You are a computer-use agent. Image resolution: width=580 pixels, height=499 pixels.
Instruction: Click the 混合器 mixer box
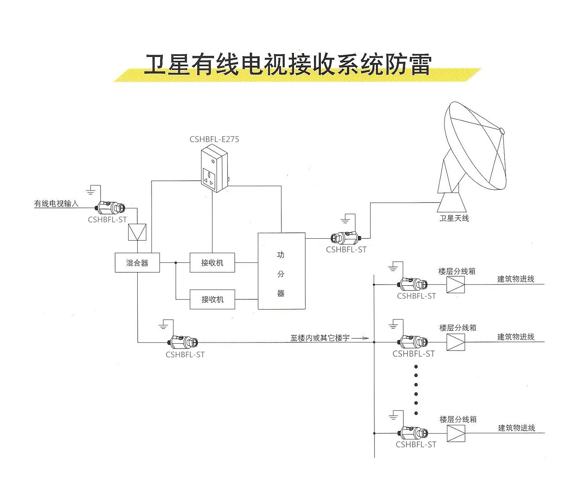coord(137,263)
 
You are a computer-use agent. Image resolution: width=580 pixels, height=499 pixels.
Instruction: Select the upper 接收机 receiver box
coord(212,263)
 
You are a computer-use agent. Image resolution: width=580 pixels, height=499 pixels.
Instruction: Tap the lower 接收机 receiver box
coord(212,299)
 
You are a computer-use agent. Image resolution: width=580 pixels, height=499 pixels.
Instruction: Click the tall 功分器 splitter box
coord(281,271)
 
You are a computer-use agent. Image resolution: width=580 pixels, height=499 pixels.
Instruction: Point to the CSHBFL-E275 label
coord(214,139)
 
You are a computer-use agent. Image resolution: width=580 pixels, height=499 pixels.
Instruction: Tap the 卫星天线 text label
coord(454,218)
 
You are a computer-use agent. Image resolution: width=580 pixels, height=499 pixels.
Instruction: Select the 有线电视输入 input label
coord(56,203)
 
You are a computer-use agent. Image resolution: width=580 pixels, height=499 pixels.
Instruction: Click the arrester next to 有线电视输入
coord(111,207)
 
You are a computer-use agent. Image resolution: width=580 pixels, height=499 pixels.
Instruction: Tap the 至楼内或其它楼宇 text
coord(320,338)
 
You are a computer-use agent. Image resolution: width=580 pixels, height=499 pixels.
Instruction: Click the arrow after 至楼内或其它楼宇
coord(360,338)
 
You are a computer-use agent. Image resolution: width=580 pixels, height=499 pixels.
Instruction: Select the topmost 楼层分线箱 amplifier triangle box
coord(456,285)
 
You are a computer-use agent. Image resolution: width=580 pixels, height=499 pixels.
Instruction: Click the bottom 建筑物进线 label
coord(516,428)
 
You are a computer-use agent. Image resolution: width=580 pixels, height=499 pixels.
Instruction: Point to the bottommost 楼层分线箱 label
coord(458,419)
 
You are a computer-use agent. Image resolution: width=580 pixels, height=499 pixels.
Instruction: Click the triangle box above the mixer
coord(137,232)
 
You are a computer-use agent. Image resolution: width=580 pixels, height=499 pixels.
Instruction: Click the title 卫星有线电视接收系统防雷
coord(287,65)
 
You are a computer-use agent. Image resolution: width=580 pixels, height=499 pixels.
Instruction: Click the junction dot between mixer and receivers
coord(176,263)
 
